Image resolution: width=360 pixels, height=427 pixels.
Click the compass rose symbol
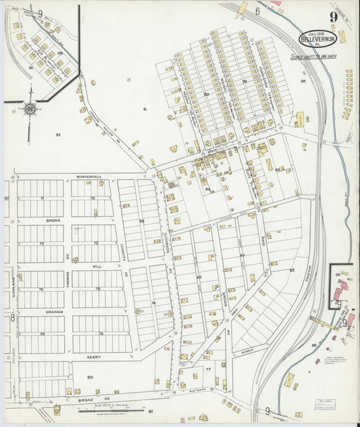tap(30, 108)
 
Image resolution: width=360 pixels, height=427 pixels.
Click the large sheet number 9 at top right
tap(334, 17)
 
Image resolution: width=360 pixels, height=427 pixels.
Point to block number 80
tap(91, 377)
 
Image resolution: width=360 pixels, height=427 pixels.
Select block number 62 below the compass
tap(58, 135)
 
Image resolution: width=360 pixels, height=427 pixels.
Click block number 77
tap(207, 370)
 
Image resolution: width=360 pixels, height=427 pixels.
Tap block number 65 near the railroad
tap(292, 270)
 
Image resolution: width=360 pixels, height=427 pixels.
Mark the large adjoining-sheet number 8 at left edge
tap(11, 316)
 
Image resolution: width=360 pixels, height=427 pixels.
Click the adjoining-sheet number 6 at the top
tap(257, 11)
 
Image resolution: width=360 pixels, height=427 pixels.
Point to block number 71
tap(41, 199)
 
